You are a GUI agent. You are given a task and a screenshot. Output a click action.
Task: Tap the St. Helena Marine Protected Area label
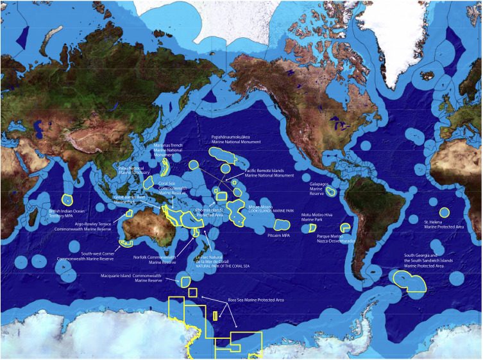[x=444, y=224]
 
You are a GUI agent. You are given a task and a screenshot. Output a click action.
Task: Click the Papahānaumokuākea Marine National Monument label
[x=236, y=140]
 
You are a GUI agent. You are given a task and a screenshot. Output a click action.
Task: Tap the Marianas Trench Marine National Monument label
[x=168, y=150]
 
